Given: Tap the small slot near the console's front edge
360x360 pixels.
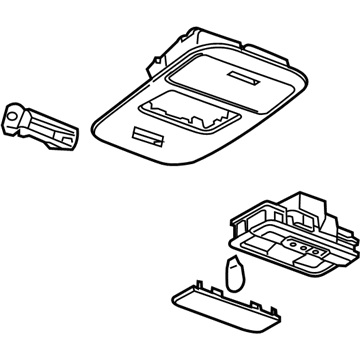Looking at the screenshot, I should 148,135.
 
